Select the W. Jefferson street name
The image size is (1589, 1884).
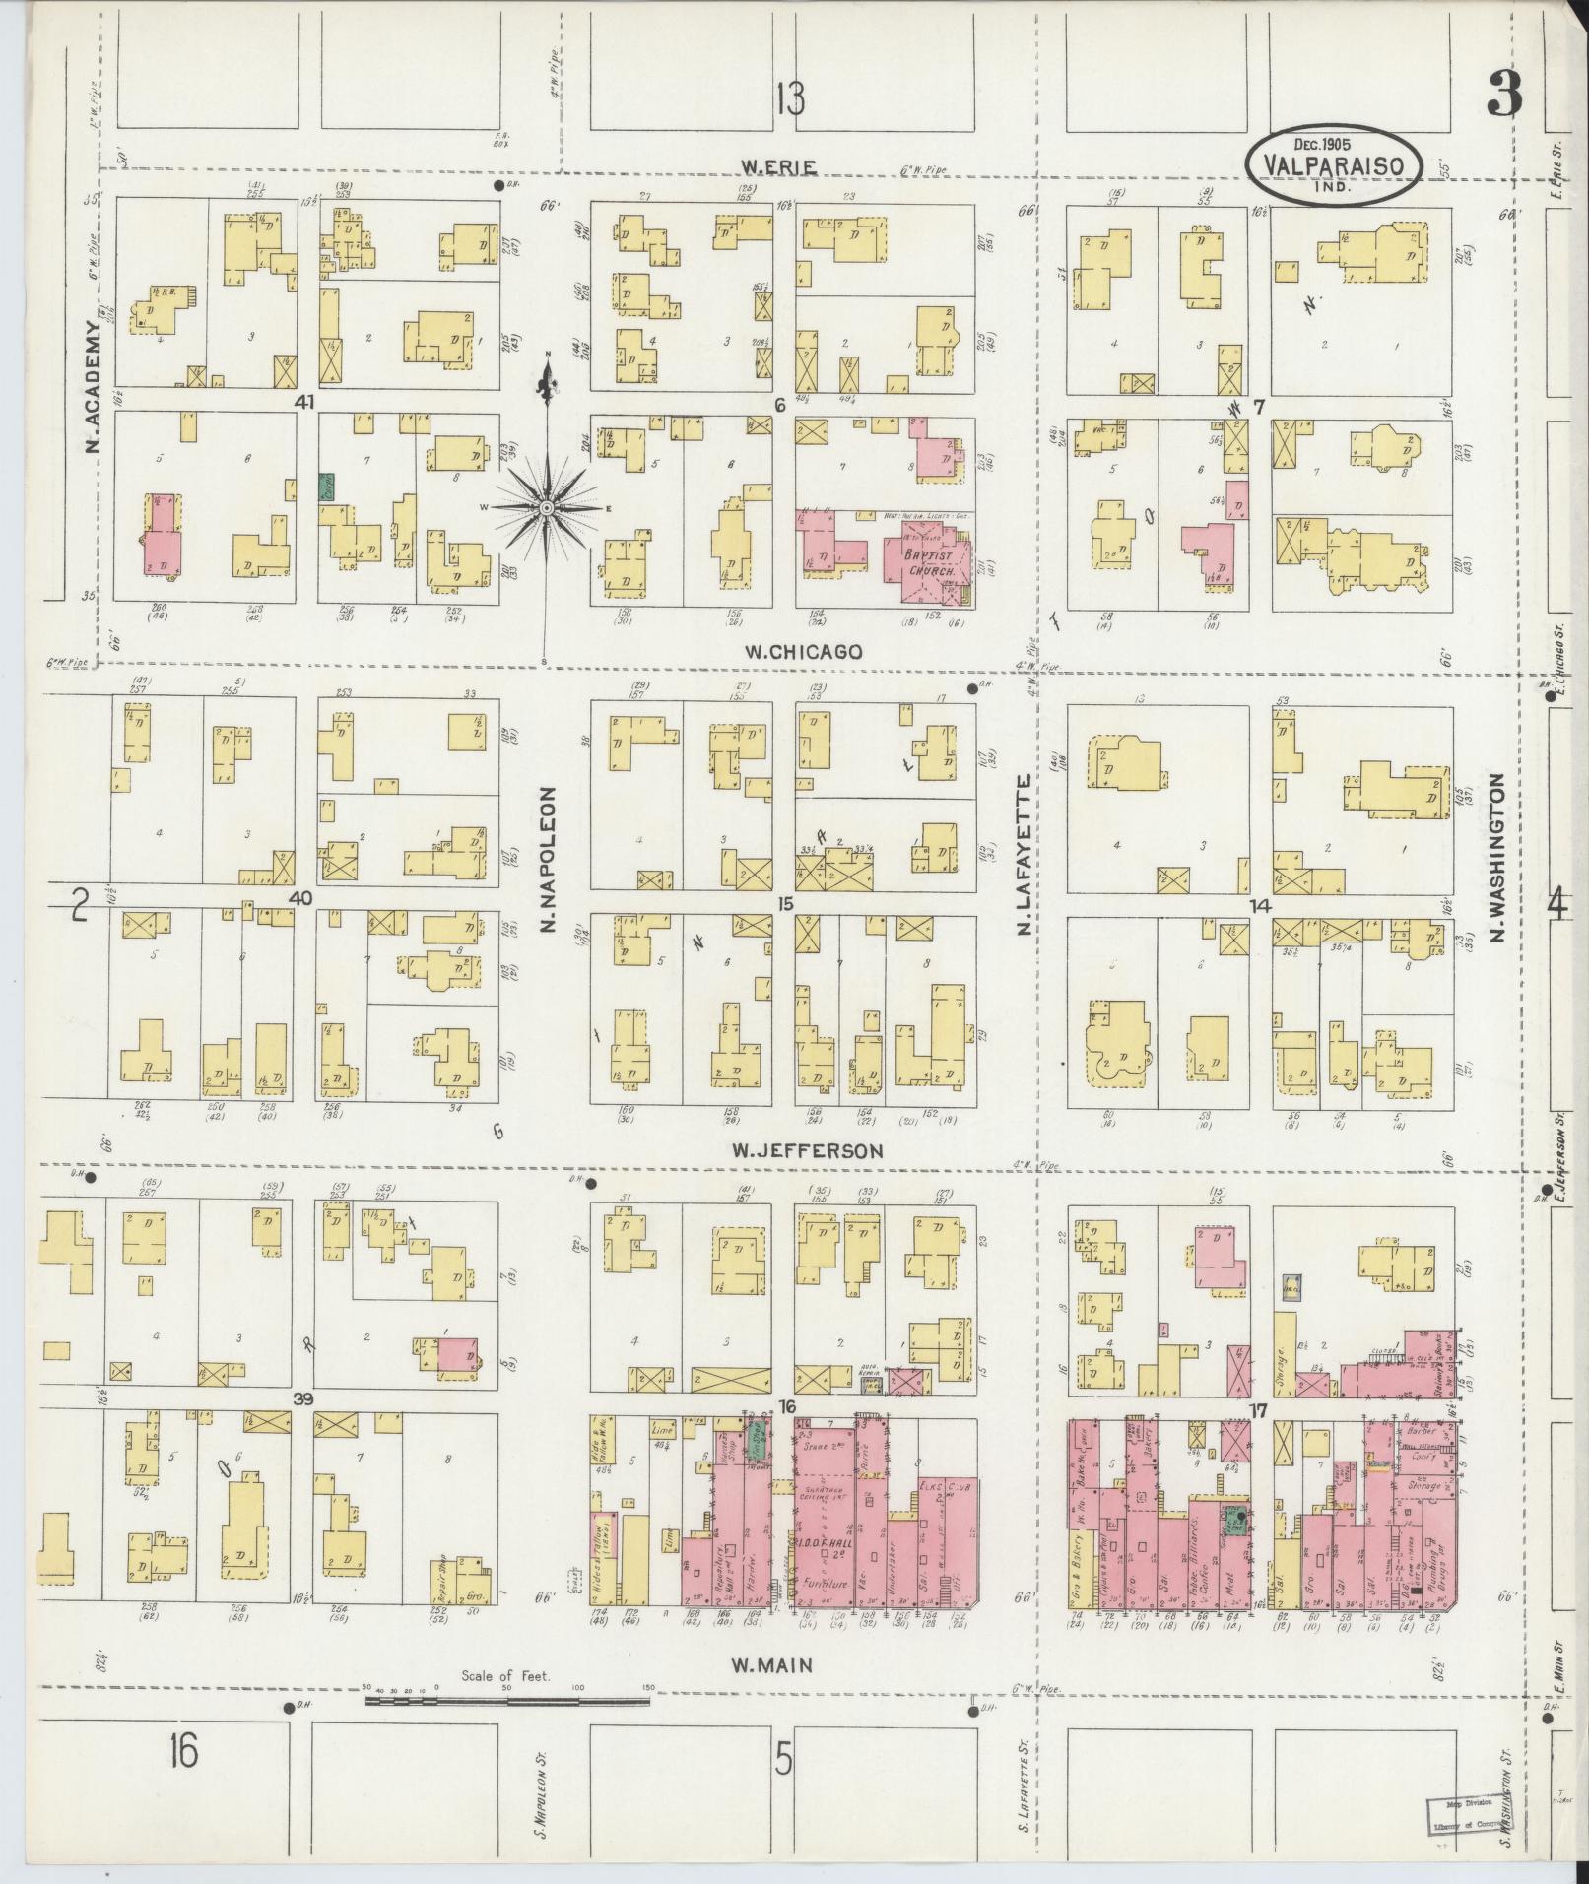(x=807, y=1149)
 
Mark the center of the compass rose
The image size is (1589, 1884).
(x=545, y=507)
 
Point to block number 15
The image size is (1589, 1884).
(x=785, y=902)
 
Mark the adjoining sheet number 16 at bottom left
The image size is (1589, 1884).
(x=183, y=1753)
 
